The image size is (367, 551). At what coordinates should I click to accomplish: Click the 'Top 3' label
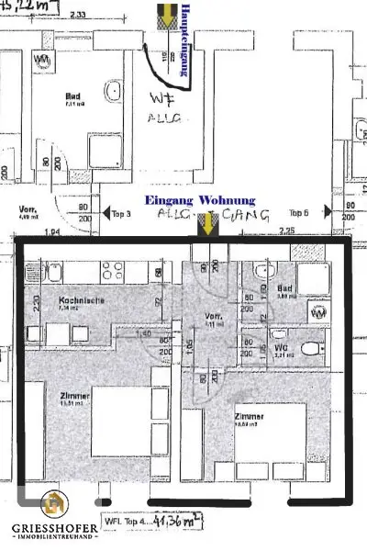121,214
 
